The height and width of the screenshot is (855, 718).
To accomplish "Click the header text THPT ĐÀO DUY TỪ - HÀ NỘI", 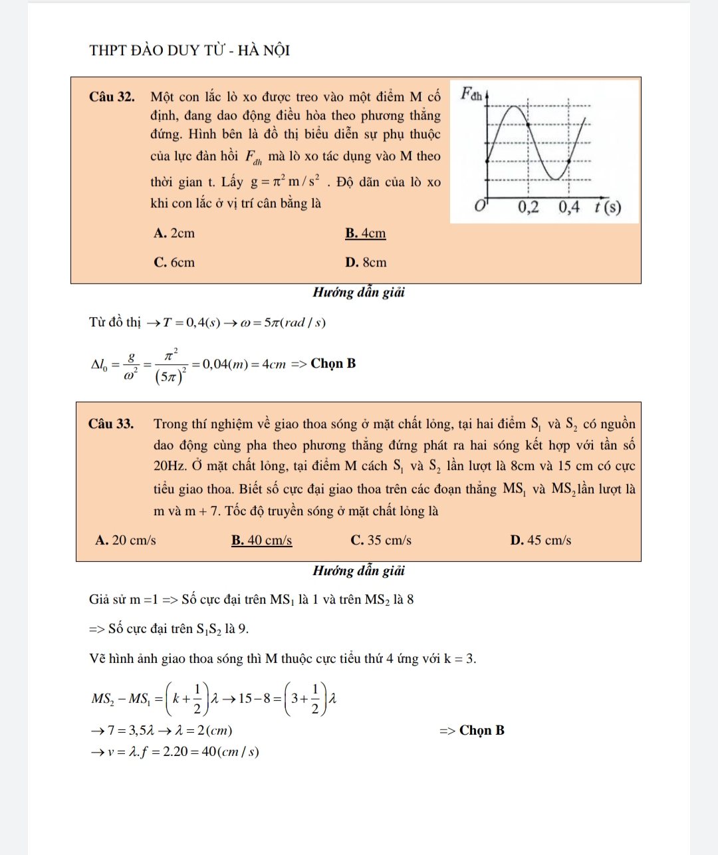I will pos(189,51).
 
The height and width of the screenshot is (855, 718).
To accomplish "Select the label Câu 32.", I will pos(112,97).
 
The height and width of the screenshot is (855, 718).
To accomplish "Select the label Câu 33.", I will pos(111,424).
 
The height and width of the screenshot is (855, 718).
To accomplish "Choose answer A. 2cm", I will pos(174,233).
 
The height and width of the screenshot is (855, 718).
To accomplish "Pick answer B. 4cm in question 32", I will pos(365,233).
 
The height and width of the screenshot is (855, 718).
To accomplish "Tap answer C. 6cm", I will pos(174,263).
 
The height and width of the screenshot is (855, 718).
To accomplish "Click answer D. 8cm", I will pos(366,263).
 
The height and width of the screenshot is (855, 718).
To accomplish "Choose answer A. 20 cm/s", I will pos(126,541).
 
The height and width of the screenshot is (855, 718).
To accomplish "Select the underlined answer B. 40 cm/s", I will pos(261,541).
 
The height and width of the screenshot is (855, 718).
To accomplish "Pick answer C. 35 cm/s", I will pos(381,541).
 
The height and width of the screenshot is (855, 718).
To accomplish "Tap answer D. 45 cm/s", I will pos(540,541).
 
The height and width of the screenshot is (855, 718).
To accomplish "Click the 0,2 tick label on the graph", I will pos(529,207).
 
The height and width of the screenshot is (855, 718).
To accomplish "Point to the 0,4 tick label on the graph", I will pos(569,207).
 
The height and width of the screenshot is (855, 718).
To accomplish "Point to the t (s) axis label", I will pos(608,207).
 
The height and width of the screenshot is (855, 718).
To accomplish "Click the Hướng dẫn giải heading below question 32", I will pos(359,293).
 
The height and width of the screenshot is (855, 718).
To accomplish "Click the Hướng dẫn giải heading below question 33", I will pos(359,571).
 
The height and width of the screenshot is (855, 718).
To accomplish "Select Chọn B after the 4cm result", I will pos(333,364).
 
